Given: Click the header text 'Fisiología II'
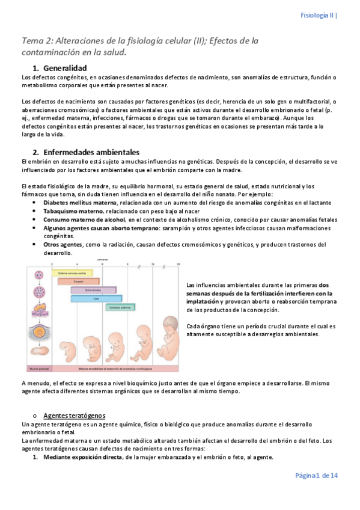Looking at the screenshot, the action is coord(317,15).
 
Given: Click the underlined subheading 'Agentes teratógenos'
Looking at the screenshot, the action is coord(78,415).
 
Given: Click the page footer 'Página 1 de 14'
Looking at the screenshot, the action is coord(316,476).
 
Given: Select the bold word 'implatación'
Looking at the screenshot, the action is coord(203,301).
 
